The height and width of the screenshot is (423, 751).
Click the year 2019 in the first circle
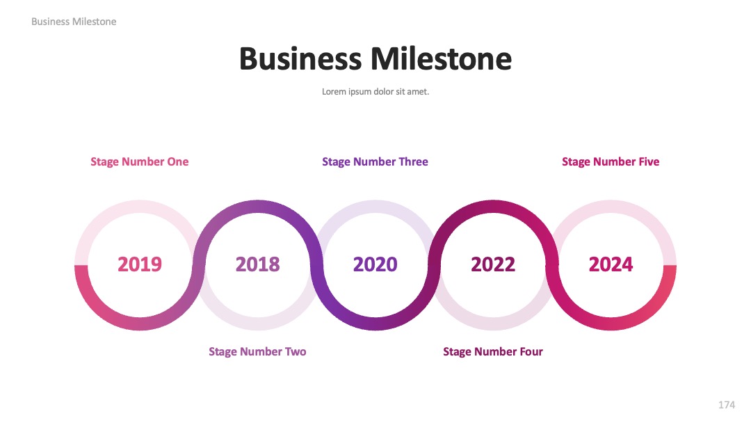(140, 264)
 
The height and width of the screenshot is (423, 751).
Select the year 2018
(258, 264)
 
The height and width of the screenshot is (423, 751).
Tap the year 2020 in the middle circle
(375, 264)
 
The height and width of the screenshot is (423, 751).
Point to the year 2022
(493, 264)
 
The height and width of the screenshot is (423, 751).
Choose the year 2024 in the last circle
(611, 264)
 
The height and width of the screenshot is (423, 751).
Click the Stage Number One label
(139, 162)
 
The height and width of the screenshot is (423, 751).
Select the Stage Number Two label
(257, 351)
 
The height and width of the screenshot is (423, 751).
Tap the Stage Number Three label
(375, 162)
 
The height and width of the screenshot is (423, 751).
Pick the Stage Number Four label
(493, 351)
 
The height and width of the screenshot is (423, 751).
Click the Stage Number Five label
(611, 162)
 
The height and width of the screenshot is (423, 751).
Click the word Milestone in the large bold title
(441, 59)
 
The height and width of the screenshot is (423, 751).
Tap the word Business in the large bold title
(300, 59)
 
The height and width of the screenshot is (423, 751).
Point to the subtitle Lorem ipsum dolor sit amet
(375, 92)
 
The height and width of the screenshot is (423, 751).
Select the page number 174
(727, 405)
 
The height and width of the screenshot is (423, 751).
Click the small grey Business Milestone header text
(74, 22)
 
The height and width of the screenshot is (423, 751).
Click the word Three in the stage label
(413, 162)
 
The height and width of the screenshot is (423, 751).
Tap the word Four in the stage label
(531, 351)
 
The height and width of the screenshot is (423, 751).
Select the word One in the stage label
(178, 162)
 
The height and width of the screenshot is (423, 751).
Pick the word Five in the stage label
(649, 162)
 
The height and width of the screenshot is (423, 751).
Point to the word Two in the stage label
(296, 351)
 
